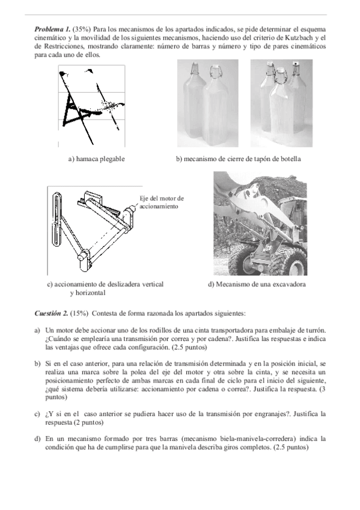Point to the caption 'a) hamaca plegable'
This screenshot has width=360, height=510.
tap(97, 159)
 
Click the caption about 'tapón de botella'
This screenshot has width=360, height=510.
tap(239, 159)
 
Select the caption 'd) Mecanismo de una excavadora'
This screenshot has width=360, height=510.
tap(257, 284)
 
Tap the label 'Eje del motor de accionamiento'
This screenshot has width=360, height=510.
tap(162, 202)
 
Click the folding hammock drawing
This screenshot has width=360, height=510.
tap(91, 106)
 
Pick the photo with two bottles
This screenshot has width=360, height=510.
tap(207, 103)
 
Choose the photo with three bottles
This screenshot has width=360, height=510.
tap(281, 103)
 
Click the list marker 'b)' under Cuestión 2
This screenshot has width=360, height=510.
tap(37, 364)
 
